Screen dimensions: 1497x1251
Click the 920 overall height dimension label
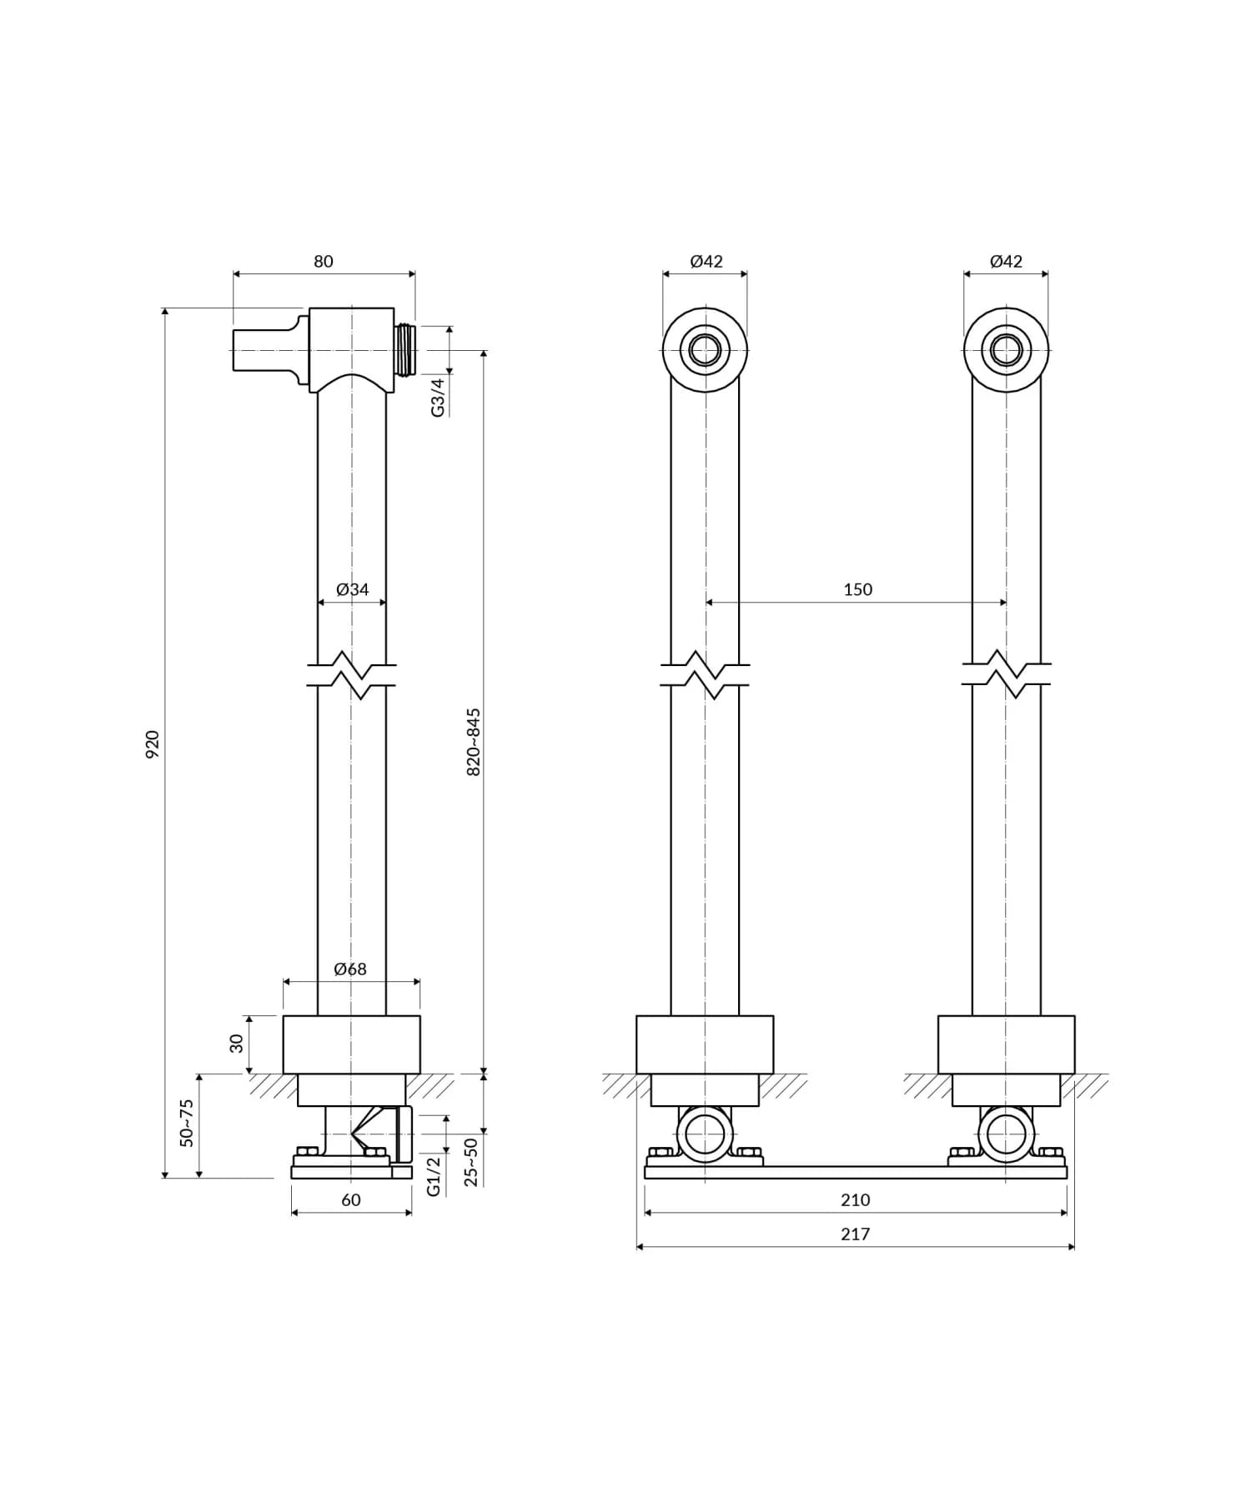pyautogui.click(x=153, y=743)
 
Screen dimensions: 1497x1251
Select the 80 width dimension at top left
pyautogui.click(x=324, y=261)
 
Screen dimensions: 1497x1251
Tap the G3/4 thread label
pyautogui.click(x=438, y=397)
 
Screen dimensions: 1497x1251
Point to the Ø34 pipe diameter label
pyautogui.click(x=352, y=589)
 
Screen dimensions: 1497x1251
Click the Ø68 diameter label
pyautogui.click(x=350, y=969)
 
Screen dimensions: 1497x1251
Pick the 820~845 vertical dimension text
pyautogui.click(x=473, y=743)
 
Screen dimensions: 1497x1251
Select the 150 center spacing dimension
pyautogui.click(x=857, y=589)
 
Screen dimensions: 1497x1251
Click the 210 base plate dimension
pyautogui.click(x=856, y=1199)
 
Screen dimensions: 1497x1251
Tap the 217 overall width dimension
pyautogui.click(x=856, y=1234)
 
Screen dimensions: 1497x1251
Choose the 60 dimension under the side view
pyautogui.click(x=351, y=1199)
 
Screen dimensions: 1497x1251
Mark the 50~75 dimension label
pyautogui.click(x=187, y=1123)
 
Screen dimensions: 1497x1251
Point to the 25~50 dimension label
pyautogui.click(x=471, y=1161)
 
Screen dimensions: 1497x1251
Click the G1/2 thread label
pyautogui.click(x=434, y=1176)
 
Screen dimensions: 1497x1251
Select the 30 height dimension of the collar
pyautogui.click(x=237, y=1043)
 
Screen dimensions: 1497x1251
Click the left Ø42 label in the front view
pyautogui.click(x=706, y=261)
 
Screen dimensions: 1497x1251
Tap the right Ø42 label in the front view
pyautogui.click(x=1006, y=261)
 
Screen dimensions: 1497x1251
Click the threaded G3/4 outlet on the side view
pyautogui.click(x=405, y=350)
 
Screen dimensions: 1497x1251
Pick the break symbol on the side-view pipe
pyautogui.click(x=352, y=675)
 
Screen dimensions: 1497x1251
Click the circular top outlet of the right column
pyautogui.click(x=1006, y=350)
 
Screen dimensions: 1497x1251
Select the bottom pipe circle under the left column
pyautogui.click(x=705, y=1135)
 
